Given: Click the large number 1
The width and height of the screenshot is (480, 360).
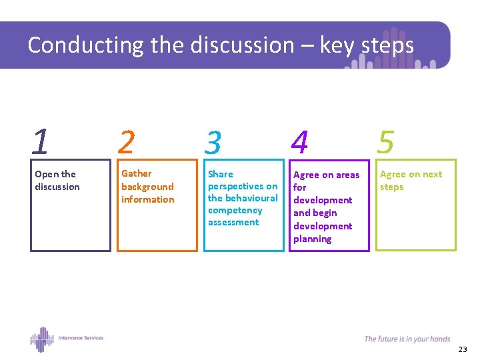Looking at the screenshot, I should point(41,141).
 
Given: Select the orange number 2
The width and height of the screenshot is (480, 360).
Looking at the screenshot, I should point(127,141).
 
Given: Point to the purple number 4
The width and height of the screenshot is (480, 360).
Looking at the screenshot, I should point(300,142).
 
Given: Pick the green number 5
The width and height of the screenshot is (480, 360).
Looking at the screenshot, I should point(386,141).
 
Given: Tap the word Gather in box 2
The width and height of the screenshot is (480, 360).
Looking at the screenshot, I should point(136,173).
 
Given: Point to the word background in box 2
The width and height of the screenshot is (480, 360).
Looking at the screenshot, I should point(147,187).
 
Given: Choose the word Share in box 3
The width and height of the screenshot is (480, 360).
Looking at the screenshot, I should point(220,174).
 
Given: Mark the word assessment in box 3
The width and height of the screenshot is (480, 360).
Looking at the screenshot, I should point(233,222).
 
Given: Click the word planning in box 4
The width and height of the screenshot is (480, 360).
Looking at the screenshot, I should point(312,239).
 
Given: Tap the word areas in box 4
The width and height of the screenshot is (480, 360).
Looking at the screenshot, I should point(348,175).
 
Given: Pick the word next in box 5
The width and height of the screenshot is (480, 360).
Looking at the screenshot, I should point(431,174).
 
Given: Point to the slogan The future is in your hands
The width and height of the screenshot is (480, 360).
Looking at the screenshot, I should point(407,339).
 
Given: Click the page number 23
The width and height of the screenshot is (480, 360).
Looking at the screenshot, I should point(463,349).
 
